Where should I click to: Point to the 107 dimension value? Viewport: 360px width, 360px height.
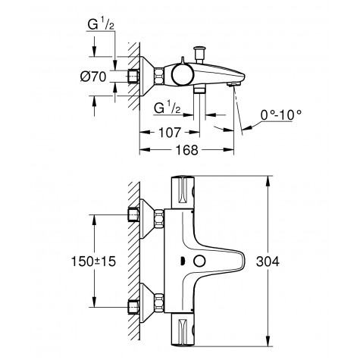(169, 130)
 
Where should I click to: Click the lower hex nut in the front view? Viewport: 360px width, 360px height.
(160, 301)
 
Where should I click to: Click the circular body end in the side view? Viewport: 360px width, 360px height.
(181, 74)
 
